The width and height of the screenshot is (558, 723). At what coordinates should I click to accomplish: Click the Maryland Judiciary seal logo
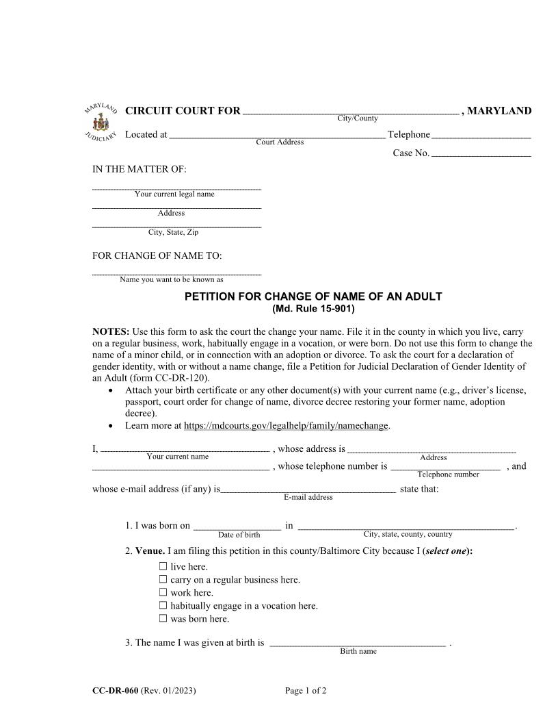click(x=101, y=123)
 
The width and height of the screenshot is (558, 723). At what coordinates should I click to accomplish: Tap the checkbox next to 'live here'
click(x=163, y=566)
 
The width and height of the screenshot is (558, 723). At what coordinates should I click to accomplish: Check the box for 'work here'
click(x=163, y=592)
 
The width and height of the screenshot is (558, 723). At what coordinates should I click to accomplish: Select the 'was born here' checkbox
click(x=163, y=618)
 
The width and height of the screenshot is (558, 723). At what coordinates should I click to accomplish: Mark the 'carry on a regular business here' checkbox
click(x=163, y=579)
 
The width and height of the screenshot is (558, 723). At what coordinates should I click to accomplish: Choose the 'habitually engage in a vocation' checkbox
click(x=163, y=605)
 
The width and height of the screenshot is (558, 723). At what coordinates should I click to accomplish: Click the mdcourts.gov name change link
click(x=286, y=426)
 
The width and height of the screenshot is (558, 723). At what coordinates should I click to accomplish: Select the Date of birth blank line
click(x=237, y=527)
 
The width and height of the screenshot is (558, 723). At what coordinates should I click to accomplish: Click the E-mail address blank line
click(x=308, y=490)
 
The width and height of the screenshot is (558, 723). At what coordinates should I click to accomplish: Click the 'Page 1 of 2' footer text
click(x=306, y=691)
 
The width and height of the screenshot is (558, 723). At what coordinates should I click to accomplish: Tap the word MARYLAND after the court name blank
click(x=499, y=111)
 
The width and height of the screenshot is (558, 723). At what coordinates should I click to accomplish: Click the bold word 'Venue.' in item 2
click(x=150, y=550)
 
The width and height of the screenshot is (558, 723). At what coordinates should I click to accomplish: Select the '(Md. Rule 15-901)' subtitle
click(x=313, y=309)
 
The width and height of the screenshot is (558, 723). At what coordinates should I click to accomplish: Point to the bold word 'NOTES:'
click(x=111, y=331)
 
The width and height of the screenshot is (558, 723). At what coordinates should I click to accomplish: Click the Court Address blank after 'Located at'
click(x=277, y=136)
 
